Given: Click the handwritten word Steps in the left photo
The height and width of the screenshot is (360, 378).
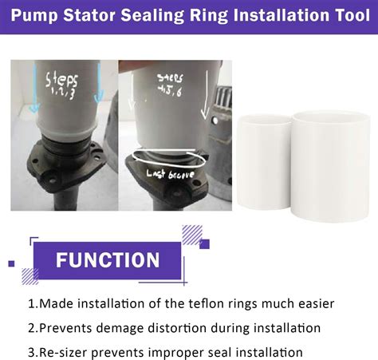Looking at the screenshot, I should pyautogui.click(x=61, y=81).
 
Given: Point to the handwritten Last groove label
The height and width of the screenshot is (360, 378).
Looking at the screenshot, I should pyautogui.click(x=171, y=173).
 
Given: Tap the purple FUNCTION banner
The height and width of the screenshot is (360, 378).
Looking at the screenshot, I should pyautogui.click(x=108, y=261).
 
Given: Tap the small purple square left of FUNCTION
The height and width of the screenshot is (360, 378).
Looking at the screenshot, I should pyautogui.click(x=11, y=263).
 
